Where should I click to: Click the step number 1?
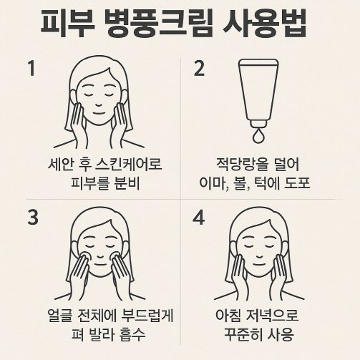pos(31,69)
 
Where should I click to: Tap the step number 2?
pos(200,69)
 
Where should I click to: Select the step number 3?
pos(32,216)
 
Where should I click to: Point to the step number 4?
pos(200,216)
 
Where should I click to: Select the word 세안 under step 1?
pos(58,164)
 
